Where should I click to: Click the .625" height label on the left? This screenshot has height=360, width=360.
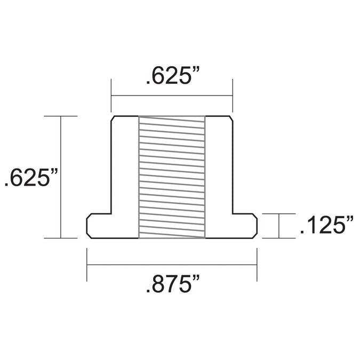[31, 177]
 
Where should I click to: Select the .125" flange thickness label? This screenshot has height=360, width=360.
[327, 225]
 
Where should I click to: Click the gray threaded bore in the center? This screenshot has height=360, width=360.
[172, 177]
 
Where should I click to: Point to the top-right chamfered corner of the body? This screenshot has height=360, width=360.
[231, 118]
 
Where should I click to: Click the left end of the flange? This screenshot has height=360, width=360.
[87, 226]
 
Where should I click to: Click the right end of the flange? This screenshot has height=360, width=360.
[257, 226]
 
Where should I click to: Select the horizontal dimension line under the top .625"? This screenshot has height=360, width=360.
[172, 95]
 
